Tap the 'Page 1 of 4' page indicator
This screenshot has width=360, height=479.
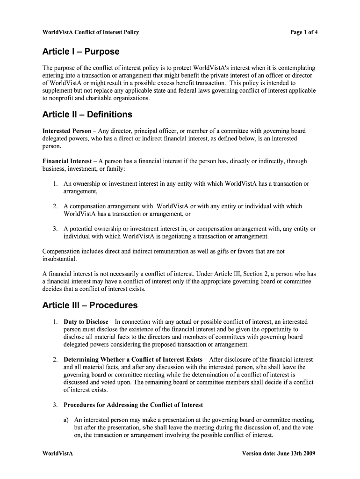point(304,32)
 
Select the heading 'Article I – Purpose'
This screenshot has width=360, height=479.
point(81,51)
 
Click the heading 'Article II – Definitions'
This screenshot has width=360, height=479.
point(87,115)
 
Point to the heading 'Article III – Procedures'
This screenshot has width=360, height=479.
point(90,305)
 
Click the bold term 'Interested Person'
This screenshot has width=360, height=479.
point(67,131)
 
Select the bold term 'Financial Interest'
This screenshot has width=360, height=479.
point(67,161)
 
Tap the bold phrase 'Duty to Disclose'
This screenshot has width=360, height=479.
point(86,322)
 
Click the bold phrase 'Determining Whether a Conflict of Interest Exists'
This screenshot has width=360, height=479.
point(133,360)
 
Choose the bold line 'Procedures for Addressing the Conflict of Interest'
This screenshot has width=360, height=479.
point(133,405)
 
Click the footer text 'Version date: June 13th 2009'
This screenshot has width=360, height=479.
point(280,454)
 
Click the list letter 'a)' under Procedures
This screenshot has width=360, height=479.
point(66,420)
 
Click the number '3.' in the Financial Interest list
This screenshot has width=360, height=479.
point(55,229)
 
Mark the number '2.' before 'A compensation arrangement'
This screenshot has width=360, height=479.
point(55,206)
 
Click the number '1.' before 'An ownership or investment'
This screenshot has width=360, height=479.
point(55,184)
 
